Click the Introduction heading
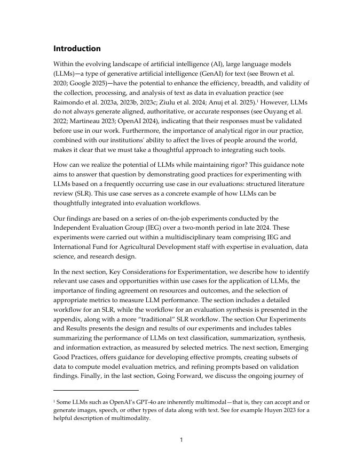pyautogui.click(x=77, y=48)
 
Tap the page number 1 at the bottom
pyautogui.click(x=181, y=440)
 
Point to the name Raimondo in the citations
pyautogui.click(x=69, y=102)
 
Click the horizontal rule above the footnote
pyautogui.click(x=96, y=390)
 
